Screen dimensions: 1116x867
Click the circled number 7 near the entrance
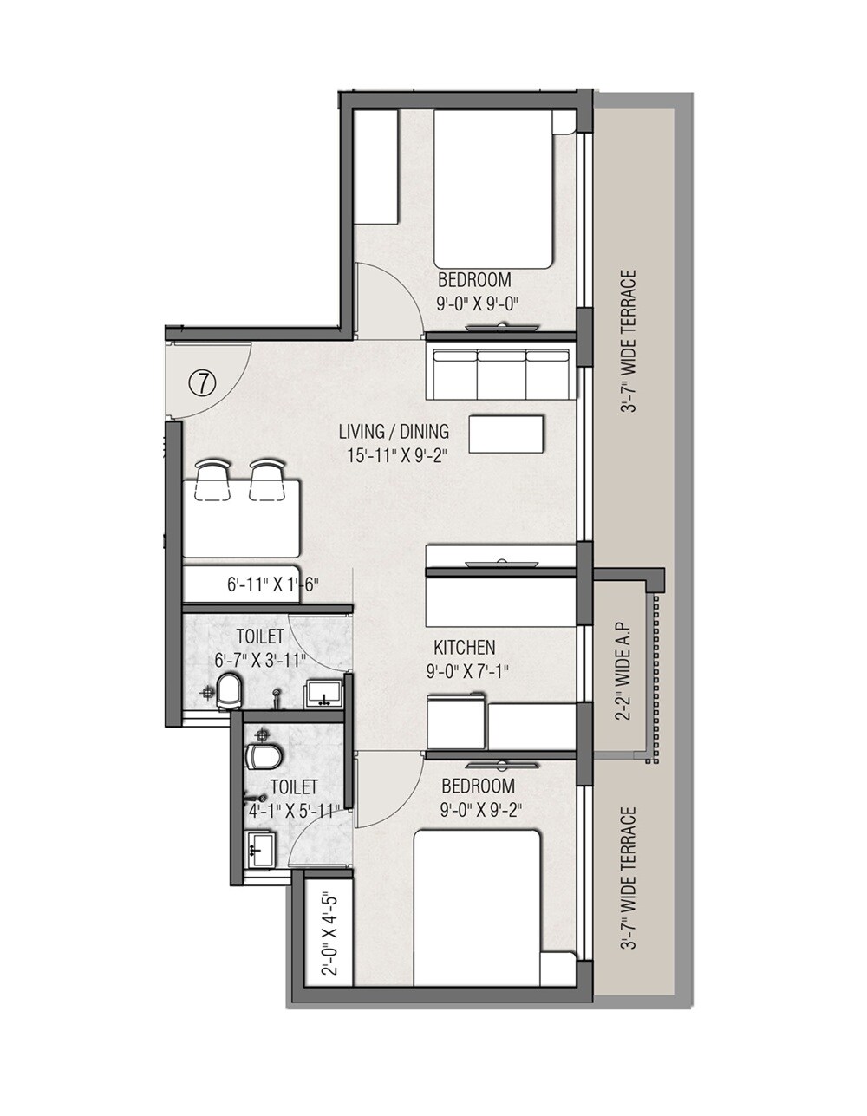point(202,382)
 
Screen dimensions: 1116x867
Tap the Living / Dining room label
point(394,431)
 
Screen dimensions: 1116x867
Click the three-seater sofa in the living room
point(502,374)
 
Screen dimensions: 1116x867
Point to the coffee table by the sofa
point(507,434)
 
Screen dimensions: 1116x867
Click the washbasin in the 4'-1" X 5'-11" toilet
point(260,848)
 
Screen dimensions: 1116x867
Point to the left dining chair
point(212,481)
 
